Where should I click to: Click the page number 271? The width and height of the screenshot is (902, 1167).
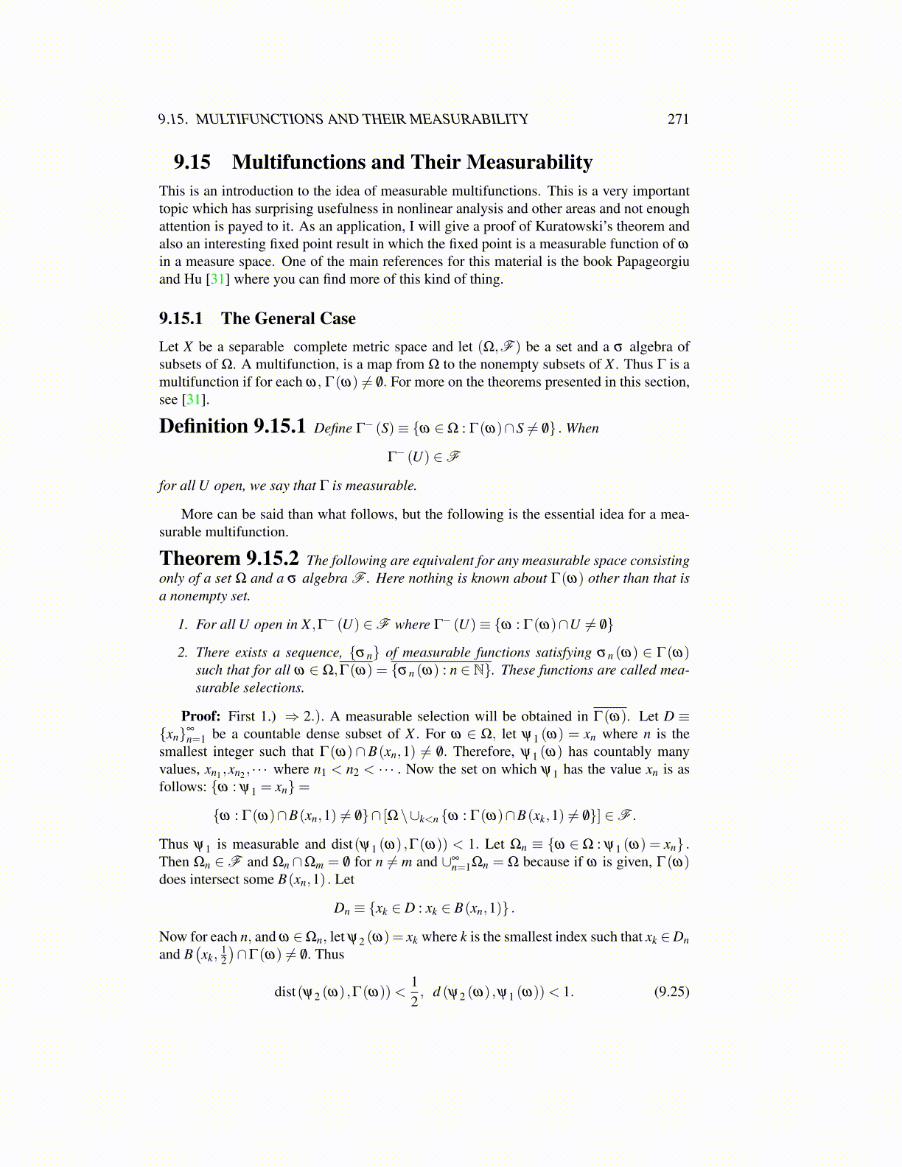pos(677,119)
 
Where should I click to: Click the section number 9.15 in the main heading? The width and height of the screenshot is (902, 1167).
pos(192,162)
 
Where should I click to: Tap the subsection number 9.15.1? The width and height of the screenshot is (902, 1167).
pos(181,318)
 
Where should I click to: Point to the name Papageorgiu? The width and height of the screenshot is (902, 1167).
pos(653,262)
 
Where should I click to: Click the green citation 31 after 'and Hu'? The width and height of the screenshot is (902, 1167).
pos(218,279)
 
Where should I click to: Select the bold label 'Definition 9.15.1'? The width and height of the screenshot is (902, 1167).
pos(232,427)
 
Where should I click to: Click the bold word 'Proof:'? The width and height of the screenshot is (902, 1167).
pos(200,716)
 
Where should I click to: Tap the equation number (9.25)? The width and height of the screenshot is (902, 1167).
pos(671,991)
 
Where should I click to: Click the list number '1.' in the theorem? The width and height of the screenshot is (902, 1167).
pos(183,624)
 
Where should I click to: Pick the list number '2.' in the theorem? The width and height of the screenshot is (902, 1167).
pos(183,652)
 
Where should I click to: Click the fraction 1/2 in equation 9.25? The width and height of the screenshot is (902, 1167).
pos(415,991)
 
